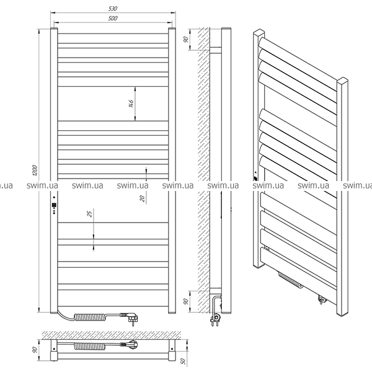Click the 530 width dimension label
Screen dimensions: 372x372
coord(113,9)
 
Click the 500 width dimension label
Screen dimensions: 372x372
coord(113,18)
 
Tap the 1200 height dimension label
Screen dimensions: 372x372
coord(35,170)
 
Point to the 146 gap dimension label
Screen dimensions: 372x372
coord(131,104)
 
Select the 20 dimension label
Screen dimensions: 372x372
coord(142,198)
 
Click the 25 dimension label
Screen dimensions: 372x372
coord(90,214)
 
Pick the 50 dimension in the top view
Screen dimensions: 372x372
coord(183,361)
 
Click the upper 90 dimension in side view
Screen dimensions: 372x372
coord(186,40)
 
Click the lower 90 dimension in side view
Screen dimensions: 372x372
coord(186,301)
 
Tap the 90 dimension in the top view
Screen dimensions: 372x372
coord(35,350)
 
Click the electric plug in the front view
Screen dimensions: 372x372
coord(130,317)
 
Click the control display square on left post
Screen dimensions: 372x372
coord(54,205)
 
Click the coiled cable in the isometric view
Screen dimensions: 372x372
coord(291,280)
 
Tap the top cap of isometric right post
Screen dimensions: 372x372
coord(342,81)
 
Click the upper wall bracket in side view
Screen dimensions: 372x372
coord(215,50)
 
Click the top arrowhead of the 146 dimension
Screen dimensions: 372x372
coord(135,89)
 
